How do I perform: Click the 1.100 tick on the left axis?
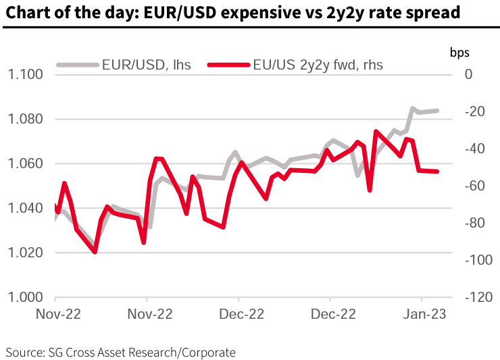pyautogui.click(x=25, y=74)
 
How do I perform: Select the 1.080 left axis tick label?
pyautogui.click(x=25, y=119)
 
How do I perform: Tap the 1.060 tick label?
pyautogui.click(x=25, y=163)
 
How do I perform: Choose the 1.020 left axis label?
pyautogui.click(x=25, y=253)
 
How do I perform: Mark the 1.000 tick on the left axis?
pyautogui.click(x=25, y=297)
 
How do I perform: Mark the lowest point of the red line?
pyautogui.click(x=95, y=252)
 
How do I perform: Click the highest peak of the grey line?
pyautogui.click(x=411, y=108)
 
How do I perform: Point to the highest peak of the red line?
pyautogui.click(x=376, y=131)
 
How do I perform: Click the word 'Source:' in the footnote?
pyautogui.click(x=24, y=352)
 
